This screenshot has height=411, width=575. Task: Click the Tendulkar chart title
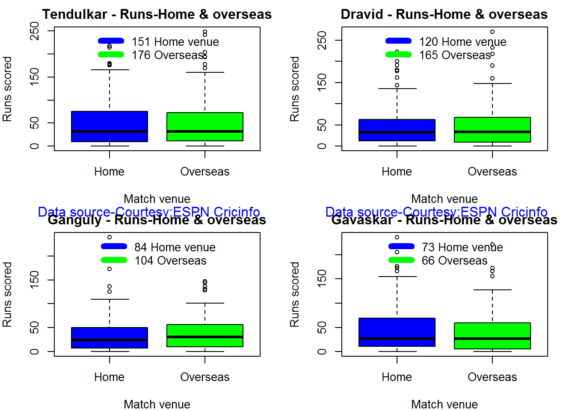157,14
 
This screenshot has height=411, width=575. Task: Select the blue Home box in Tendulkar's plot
110,126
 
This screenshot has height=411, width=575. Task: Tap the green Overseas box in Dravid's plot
492,130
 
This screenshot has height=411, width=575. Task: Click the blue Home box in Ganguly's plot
110,338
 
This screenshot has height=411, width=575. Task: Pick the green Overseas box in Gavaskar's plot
492,336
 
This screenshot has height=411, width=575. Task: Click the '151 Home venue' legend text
175,42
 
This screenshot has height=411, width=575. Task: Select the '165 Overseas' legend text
455,55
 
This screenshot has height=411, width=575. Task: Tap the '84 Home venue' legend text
175,247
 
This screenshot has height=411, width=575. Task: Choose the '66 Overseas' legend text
454,260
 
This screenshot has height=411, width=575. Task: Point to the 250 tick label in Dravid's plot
322,40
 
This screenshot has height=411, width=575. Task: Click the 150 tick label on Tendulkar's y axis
35,77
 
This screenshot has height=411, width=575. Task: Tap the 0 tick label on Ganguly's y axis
35,351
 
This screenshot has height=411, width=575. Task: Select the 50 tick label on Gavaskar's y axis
322,328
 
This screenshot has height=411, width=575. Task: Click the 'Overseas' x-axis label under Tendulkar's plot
205,172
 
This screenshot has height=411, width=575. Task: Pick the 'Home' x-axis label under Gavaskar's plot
397,377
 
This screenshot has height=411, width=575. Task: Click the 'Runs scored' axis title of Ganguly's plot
7,295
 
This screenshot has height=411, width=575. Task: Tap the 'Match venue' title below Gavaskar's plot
444,404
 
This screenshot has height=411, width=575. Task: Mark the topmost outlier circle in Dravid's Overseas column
492,32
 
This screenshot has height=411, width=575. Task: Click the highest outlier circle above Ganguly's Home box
110,237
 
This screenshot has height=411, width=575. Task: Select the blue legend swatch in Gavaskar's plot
401,246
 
